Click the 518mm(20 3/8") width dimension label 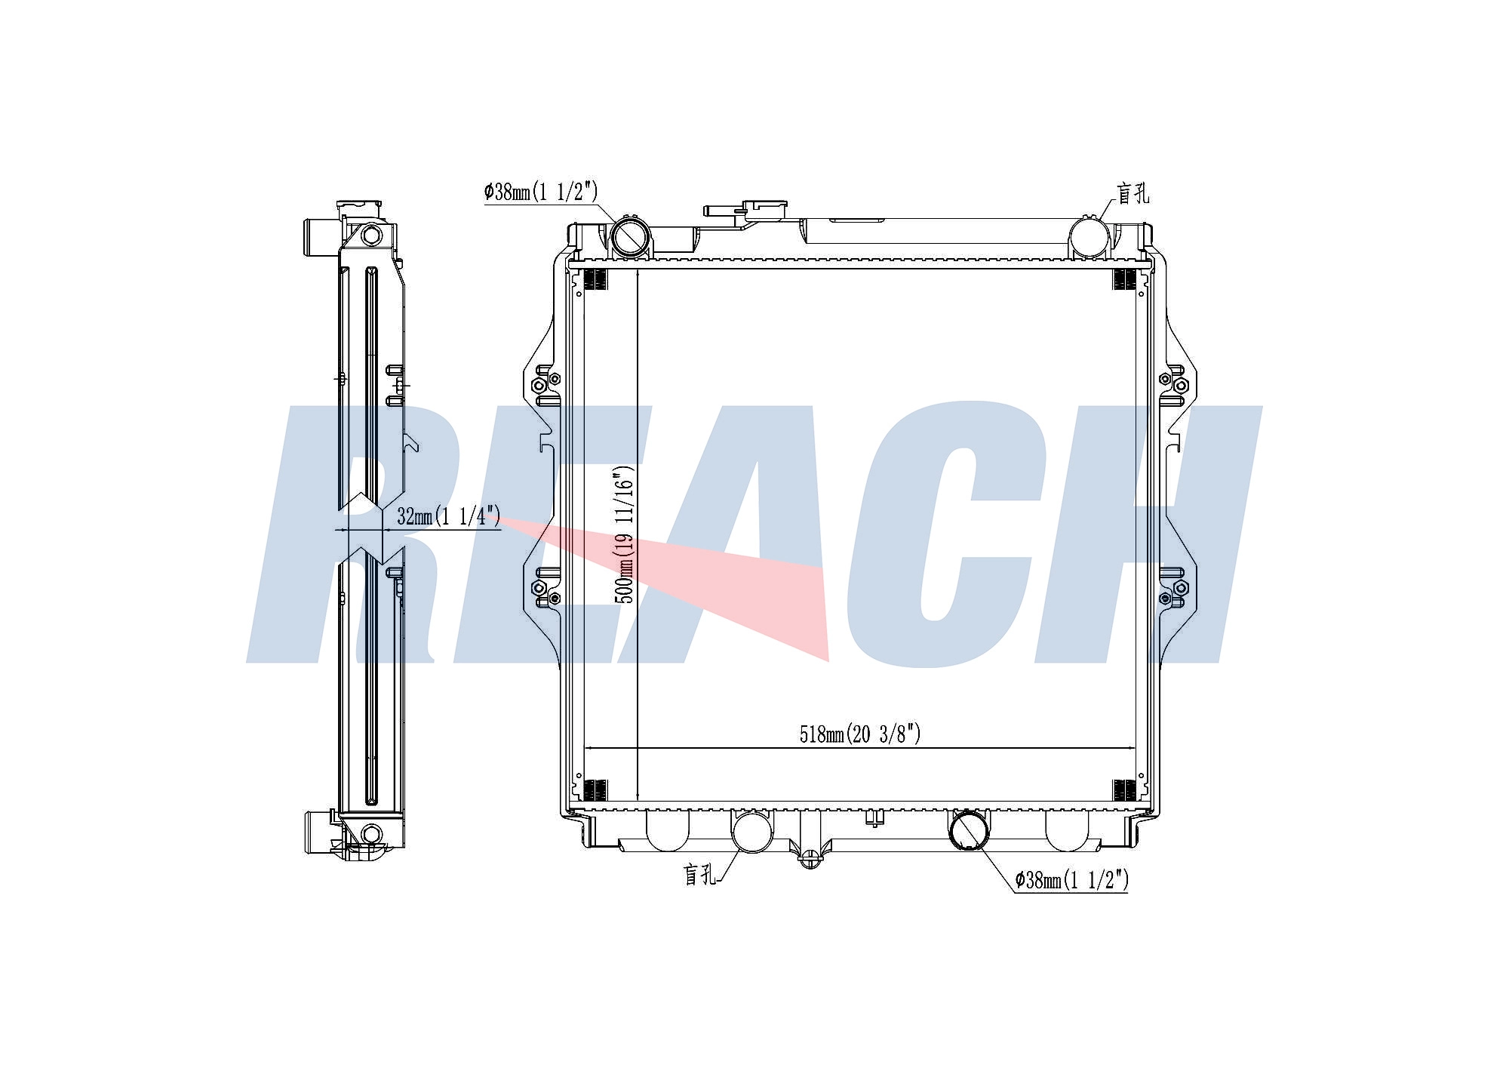(860, 734)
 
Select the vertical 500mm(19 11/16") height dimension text (625, 534)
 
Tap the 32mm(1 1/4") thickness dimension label (448, 516)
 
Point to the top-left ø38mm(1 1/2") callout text (541, 192)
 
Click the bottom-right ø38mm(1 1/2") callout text (1072, 880)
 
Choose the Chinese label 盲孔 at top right (1133, 193)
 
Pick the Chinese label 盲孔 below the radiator (699, 875)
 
